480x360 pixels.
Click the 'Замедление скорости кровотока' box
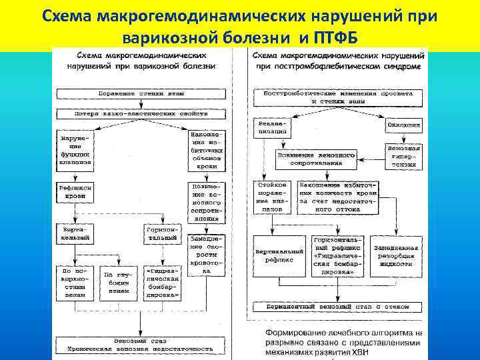[207, 253]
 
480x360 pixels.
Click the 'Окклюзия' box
[403, 125]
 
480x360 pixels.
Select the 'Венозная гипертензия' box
[403, 156]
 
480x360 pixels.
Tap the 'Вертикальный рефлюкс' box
[277, 257]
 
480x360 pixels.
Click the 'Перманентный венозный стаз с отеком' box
[337, 307]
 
